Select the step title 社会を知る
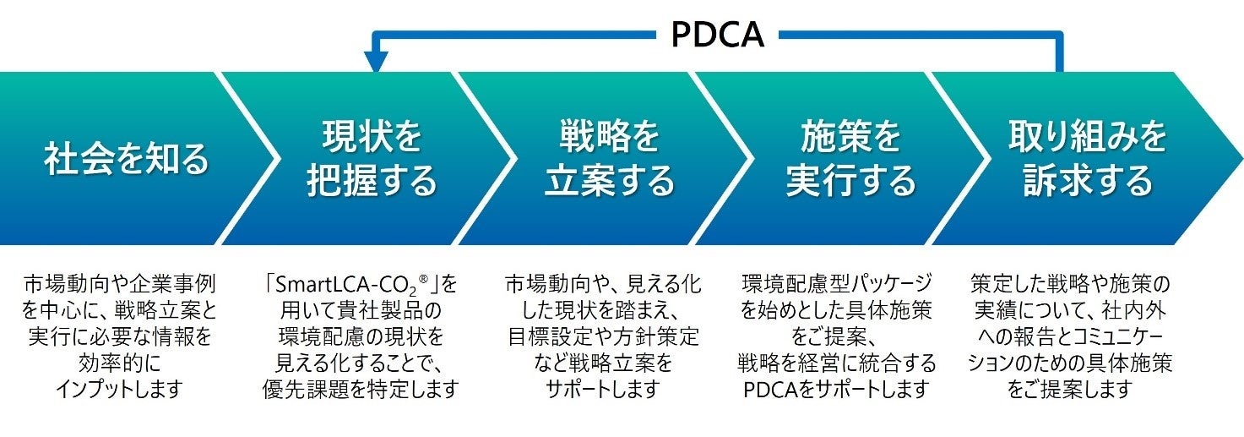[126, 159]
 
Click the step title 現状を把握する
[372, 159]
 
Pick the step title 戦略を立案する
[609, 159]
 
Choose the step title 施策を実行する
[850, 159]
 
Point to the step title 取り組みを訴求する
[1088, 159]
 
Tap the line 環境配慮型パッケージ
[836, 282]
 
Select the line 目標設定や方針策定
[602, 336]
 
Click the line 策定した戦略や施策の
[1069, 282]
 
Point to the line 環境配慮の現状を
[361, 336]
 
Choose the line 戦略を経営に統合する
[836, 363]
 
